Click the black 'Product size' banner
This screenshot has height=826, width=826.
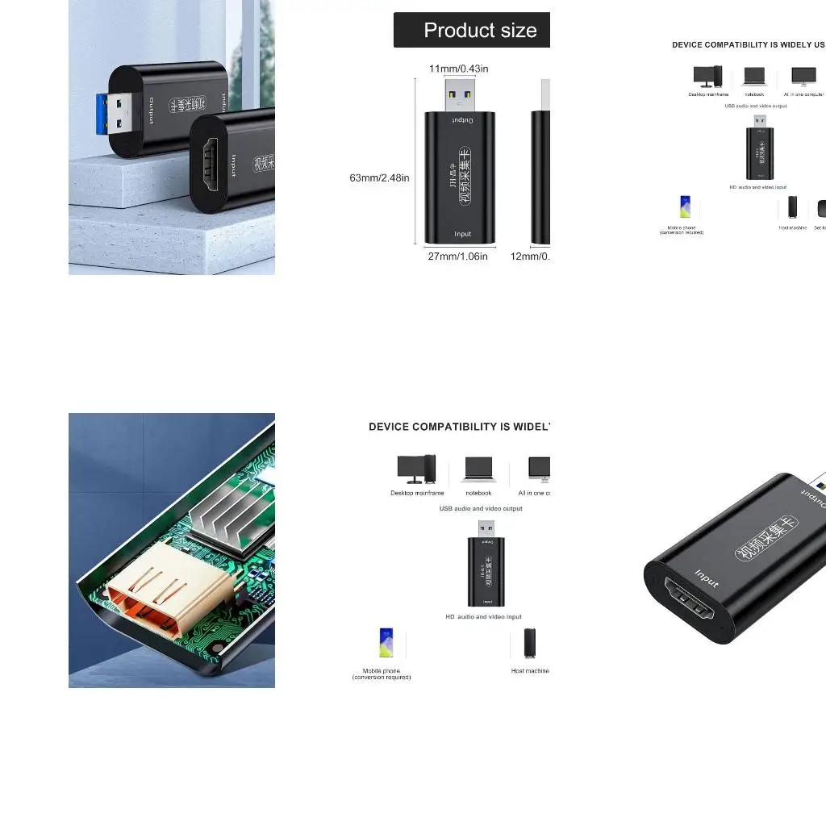472,30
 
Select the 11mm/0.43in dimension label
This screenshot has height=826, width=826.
458,69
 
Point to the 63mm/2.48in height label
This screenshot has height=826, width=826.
379,177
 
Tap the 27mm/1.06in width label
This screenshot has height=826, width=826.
458,257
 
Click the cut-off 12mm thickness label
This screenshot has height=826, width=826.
530,257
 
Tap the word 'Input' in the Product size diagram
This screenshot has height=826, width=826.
462,235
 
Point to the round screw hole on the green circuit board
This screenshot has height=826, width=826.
217,649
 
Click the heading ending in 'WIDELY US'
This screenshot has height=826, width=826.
749,45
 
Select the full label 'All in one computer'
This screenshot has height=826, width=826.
804,94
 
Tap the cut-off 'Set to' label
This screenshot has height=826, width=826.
820,227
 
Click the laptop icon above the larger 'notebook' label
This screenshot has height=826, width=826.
478,469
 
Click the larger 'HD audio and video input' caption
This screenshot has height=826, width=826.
484,617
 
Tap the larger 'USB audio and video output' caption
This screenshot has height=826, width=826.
481,509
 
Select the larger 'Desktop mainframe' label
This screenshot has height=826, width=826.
417,493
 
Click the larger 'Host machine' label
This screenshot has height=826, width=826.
530,671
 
